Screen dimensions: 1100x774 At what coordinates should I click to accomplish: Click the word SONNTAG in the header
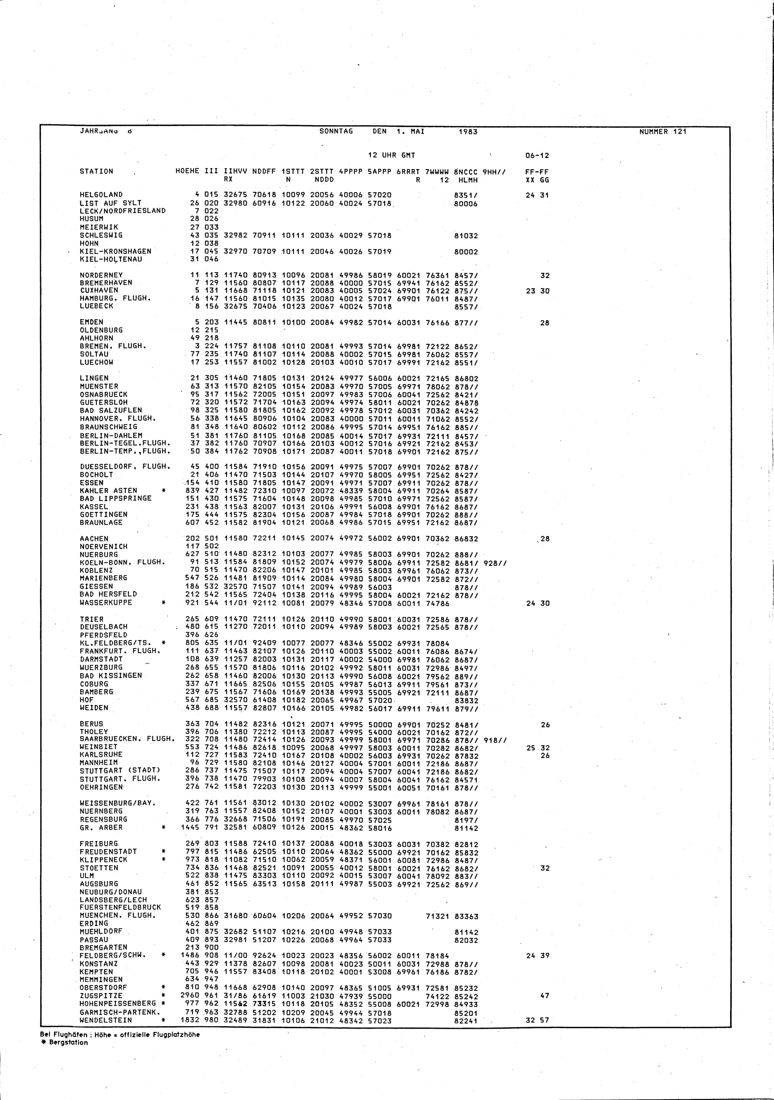(336, 131)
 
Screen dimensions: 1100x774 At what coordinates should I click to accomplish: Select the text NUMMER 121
(663, 132)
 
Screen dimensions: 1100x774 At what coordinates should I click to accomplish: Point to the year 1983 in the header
(468, 132)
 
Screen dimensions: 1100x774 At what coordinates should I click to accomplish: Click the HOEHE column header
(188, 172)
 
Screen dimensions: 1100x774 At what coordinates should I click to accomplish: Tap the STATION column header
(96, 172)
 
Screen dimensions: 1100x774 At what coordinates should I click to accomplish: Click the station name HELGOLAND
(101, 195)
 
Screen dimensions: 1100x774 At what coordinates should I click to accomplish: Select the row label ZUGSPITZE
(101, 995)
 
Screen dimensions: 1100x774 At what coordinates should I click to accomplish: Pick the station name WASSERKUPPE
(106, 603)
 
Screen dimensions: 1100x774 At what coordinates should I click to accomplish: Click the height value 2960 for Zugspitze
(190, 996)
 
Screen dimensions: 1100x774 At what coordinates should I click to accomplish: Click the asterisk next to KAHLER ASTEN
(164, 491)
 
